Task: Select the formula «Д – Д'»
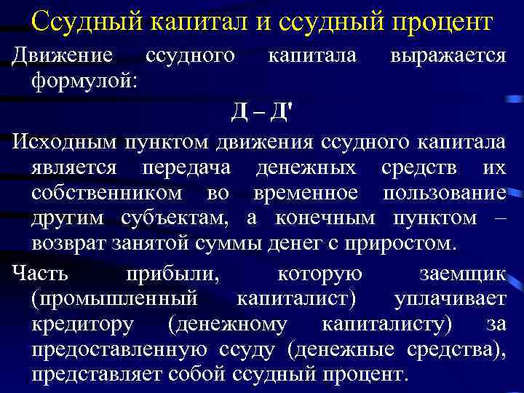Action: tap(261, 111)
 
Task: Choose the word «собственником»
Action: tap(108, 194)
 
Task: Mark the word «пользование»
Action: tap(448, 194)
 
